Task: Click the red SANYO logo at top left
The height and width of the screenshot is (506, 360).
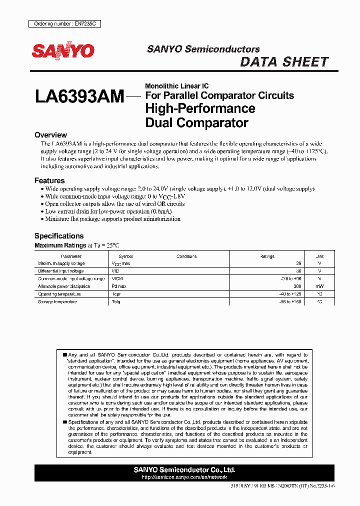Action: click(63, 51)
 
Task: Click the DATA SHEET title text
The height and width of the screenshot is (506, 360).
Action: click(284, 62)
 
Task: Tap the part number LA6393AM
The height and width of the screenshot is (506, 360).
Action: click(79, 96)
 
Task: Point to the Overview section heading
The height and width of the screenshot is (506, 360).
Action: click(50, 135)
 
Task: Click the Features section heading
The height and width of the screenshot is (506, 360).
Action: click(49, 180)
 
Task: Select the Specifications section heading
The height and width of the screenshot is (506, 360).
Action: click(59, 236)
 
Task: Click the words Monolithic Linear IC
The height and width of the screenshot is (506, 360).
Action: click(176, 86)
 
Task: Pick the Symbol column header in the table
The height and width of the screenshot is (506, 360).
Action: click(125, 256)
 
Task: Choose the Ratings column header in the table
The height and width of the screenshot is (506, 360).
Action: click(267, 256)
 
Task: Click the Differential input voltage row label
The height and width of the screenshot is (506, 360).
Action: click(61, 271)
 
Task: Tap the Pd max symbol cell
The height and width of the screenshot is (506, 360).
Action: click(118, 286)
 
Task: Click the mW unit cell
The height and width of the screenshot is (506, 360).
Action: click(319, 286)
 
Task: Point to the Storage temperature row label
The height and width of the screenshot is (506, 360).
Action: click(57, 302)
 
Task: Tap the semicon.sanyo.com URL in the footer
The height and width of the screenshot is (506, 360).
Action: click(184, 477)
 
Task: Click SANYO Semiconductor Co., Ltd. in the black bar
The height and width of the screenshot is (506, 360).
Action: click(184, 470)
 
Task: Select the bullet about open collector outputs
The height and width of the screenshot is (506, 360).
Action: click(114, 204)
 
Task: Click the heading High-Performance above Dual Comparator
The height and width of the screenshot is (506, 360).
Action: click(200, 108)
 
